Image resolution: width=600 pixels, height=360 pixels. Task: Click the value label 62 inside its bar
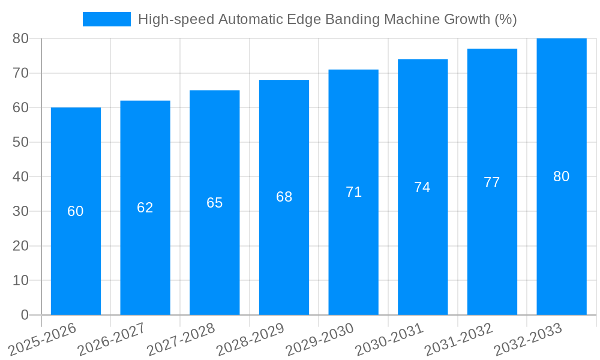click(x=145, y=208)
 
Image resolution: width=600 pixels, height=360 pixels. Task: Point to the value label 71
click(x=353, y=192)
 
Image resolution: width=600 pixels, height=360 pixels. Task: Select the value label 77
click(x=492, y=182)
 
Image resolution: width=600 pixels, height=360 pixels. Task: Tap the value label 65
click(x=215, y=203)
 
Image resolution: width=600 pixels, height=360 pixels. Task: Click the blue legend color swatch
click(x=106, y=19)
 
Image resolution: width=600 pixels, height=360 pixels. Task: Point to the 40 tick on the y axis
click(x=20, y=177)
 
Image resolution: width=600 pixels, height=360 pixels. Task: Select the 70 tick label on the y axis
click(x=20, y=73)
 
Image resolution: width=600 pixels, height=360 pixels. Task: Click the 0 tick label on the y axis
click(x=25, y=315)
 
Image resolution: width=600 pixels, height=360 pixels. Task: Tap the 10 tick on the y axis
click(x=20, y=280)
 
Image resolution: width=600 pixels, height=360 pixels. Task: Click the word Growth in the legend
click(x=466, y=19)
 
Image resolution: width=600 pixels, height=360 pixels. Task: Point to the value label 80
click(x=561, y=176)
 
